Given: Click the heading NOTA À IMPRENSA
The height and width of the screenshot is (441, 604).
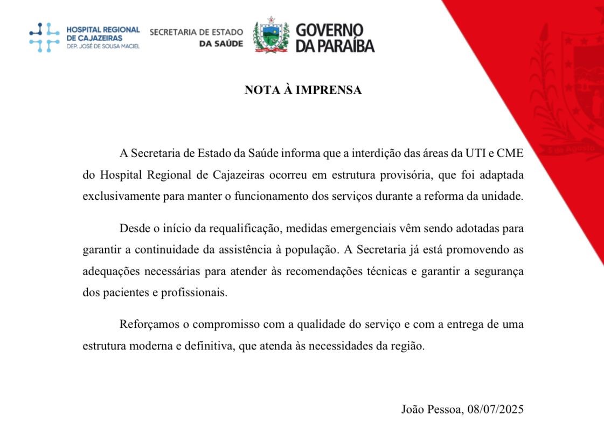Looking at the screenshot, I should (303, 90).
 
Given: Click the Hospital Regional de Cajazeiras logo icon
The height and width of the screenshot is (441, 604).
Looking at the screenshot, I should (44, 37).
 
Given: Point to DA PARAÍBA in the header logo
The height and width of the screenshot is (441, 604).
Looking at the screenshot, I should (335, 46).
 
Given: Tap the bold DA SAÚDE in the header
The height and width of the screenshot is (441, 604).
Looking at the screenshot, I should (221, 43).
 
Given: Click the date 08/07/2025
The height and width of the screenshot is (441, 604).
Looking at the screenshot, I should (495, 409).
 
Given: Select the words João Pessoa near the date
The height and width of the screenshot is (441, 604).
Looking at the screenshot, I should (432, 409).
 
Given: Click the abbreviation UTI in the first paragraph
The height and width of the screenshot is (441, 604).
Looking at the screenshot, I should (469, 153).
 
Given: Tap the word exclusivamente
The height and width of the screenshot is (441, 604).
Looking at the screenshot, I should (121, 197).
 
